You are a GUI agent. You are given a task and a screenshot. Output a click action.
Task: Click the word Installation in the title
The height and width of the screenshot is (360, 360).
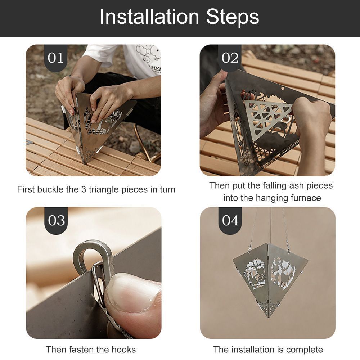(x=149, y=17)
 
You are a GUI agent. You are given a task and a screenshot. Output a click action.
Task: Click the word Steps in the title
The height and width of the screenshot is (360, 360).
(x=233, y=17)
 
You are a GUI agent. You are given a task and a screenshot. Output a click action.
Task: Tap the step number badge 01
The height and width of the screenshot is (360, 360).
(x=55, y=58)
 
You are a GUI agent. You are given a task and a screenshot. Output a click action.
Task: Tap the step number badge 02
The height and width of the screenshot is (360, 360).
(x=230, y=58)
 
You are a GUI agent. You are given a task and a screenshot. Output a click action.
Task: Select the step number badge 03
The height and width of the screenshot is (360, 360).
(x=56, y=220)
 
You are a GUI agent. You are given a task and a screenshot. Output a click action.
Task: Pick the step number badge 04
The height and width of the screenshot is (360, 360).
(x=230, y=220)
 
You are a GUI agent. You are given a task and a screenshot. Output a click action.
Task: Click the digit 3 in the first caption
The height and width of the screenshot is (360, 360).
(x=84, y=190)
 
